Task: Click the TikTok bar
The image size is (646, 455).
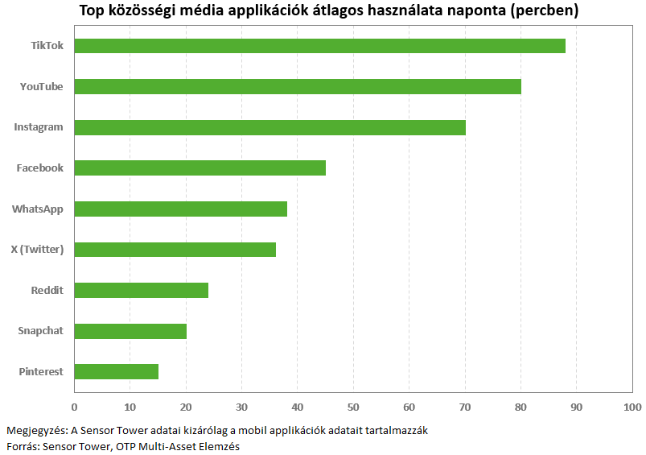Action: (x=319, y=46)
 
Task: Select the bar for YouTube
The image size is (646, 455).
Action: (x=298, y=87)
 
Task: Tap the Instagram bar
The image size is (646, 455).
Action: (x=270, y=127)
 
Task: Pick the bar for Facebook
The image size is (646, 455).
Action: (x=200, y=168)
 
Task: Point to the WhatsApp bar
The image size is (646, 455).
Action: (x=181, y=209)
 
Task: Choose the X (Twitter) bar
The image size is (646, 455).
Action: (x=175, y=250)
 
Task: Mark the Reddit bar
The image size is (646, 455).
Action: (x=142, y=291)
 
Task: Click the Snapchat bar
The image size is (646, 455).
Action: (x=130, y=331)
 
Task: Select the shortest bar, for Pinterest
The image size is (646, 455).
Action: (x=117, y=372)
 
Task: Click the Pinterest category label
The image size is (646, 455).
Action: (x=41, y=372)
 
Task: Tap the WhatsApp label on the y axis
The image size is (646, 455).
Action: (x=38, y=209)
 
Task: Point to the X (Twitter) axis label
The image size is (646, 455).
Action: (x=37, y=250)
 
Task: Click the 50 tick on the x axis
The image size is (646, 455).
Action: (x=353, y=407)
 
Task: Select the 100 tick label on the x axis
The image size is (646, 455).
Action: (x=632, y=407)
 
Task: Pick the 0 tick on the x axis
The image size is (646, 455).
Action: (x=74, y=407)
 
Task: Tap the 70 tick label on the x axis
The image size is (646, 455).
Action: (x=465, y=407)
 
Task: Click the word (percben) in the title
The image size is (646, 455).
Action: (x=545, y=10)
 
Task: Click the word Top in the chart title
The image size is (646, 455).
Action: (x=92, y=10)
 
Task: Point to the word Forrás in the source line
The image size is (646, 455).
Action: (x=23, y=446)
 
